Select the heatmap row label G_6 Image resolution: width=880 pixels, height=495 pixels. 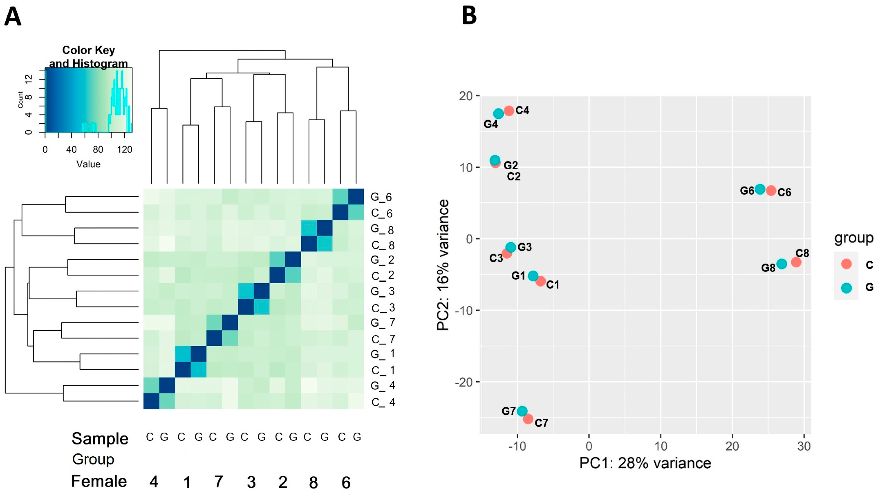[381, 197]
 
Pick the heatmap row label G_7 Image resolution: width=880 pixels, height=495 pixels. [383, 323]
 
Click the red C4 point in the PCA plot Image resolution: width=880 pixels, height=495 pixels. [509, 111]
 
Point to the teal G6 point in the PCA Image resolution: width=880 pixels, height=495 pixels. [760, 189]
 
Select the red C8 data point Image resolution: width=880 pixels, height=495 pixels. [796, 262]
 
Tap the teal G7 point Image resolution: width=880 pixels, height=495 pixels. [522, 411]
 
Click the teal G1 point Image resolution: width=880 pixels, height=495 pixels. [533, 276]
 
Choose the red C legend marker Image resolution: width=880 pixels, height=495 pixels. [846, 264]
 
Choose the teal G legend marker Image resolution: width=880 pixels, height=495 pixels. [846, 288]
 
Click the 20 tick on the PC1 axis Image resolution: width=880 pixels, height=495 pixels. [732, 446]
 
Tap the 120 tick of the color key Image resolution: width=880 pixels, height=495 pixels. [124, 150]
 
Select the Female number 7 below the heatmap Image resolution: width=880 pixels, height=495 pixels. [219, 482]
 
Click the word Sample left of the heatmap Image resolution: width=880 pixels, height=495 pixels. [100, 439]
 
